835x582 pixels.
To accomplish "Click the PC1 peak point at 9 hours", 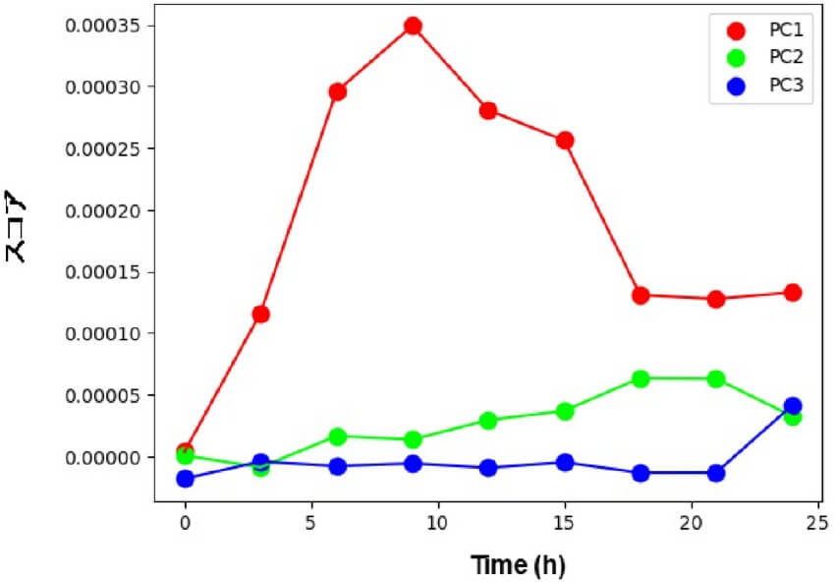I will click(x=413, y=26).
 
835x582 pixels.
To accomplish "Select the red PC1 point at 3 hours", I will click(x=261, y=315).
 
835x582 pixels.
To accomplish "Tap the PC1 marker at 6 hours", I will click(x=337, y=91).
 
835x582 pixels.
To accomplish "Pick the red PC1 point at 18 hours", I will click(x=640, y=295).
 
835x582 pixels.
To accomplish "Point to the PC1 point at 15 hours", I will click(x=565, y=141).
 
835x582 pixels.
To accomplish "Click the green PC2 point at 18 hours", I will click(x=640, y=378).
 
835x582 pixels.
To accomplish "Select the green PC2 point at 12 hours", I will click(x=488, y=421).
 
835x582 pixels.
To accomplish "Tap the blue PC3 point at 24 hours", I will click(x=793, y=406).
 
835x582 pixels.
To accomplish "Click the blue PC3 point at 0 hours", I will click(x=186, y=479).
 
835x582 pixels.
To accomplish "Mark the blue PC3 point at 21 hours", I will click(x=716, y=473).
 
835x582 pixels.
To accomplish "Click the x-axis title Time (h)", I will click(x=518, y=565).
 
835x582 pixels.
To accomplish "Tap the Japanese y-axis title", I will click(x=17, y=226).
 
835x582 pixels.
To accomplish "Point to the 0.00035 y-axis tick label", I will click(x=103, y=25).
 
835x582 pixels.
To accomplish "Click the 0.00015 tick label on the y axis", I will click(x=103, y=272).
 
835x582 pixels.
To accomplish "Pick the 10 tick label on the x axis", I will click(x=438, y=518).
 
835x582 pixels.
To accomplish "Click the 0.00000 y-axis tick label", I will click(x=103, y=457).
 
